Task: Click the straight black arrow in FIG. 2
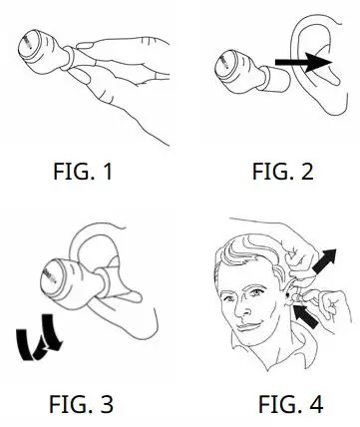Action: (303, 63)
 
